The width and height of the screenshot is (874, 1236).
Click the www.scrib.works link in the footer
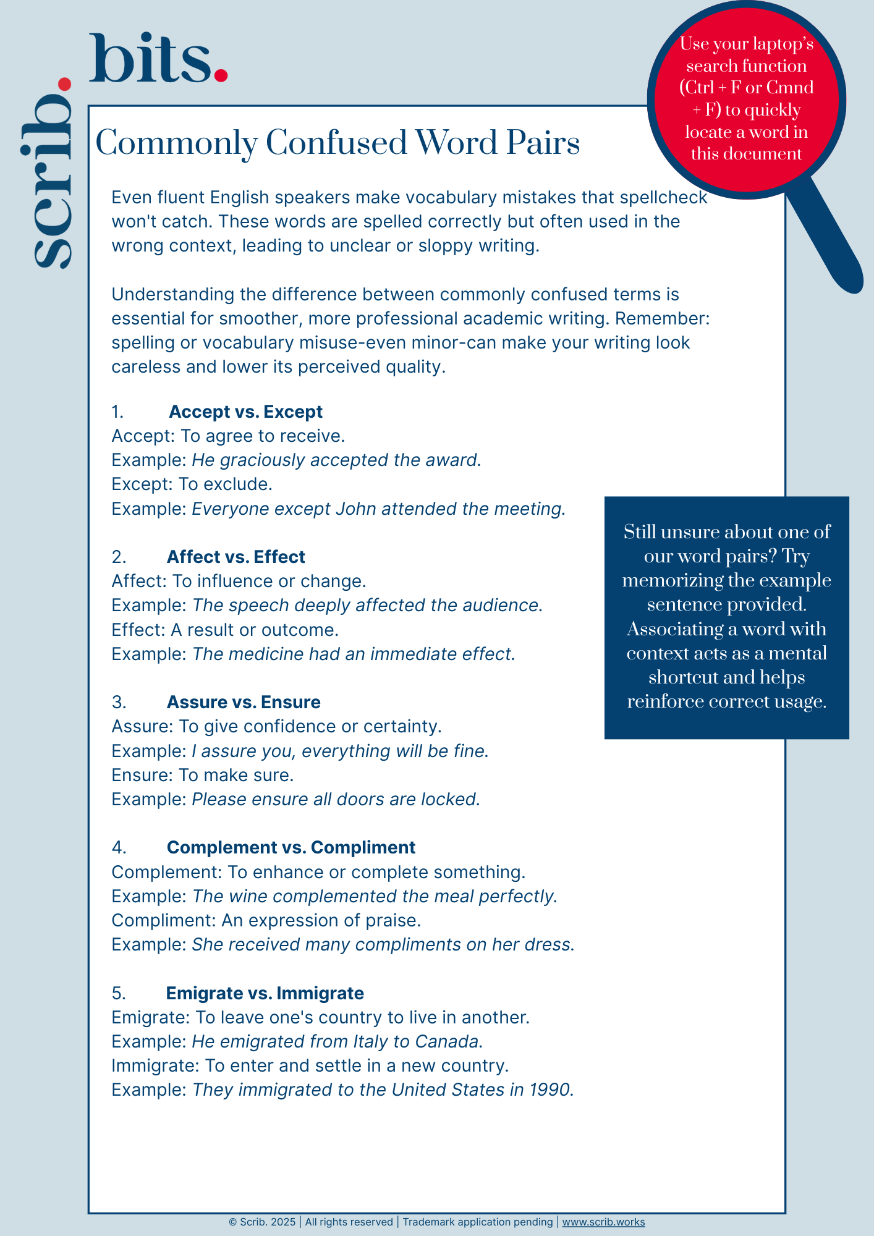pos(603,1222)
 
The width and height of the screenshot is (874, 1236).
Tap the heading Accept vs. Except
pos(245,412)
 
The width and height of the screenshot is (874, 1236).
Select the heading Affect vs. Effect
pos(235,557)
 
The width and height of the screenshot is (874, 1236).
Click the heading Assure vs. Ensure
pos(244,702)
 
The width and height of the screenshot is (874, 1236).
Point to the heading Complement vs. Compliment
pos(291,847)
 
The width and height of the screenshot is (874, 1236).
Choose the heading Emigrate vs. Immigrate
pos(265,993)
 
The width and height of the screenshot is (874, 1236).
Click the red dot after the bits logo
pos(221,75)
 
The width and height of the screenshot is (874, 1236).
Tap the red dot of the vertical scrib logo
pos(64,85)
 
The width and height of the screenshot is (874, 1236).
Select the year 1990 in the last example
pos(549,1090)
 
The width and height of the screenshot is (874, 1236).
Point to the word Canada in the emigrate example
pos(447,1041)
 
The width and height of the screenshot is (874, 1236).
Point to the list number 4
pos(118,847)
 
